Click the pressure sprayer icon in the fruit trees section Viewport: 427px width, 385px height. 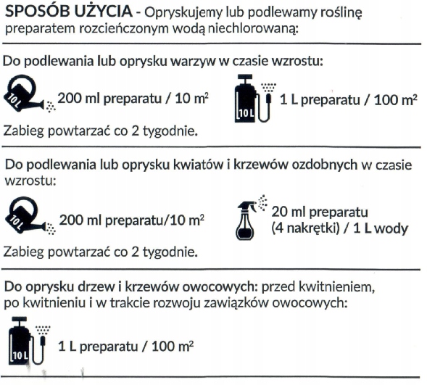coord(28,341)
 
